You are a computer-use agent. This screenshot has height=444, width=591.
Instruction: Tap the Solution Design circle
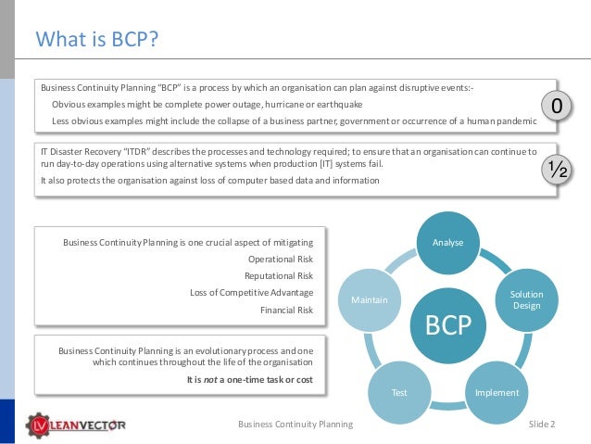[526, 299]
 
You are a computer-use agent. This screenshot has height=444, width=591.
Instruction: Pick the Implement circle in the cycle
[497, 392]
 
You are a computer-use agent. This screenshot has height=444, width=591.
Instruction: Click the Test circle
[399, 392]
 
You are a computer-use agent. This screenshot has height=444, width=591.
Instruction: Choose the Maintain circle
[369, 299]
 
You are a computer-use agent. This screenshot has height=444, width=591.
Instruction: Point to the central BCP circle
[447, 324]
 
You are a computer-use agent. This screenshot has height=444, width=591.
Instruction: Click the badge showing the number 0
[555, 108]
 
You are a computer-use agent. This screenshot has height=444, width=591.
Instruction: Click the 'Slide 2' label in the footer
[541, 424]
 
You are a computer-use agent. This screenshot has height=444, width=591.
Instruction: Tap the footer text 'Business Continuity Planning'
[295, 424]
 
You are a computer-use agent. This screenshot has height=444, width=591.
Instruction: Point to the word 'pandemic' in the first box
[516, 121]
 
